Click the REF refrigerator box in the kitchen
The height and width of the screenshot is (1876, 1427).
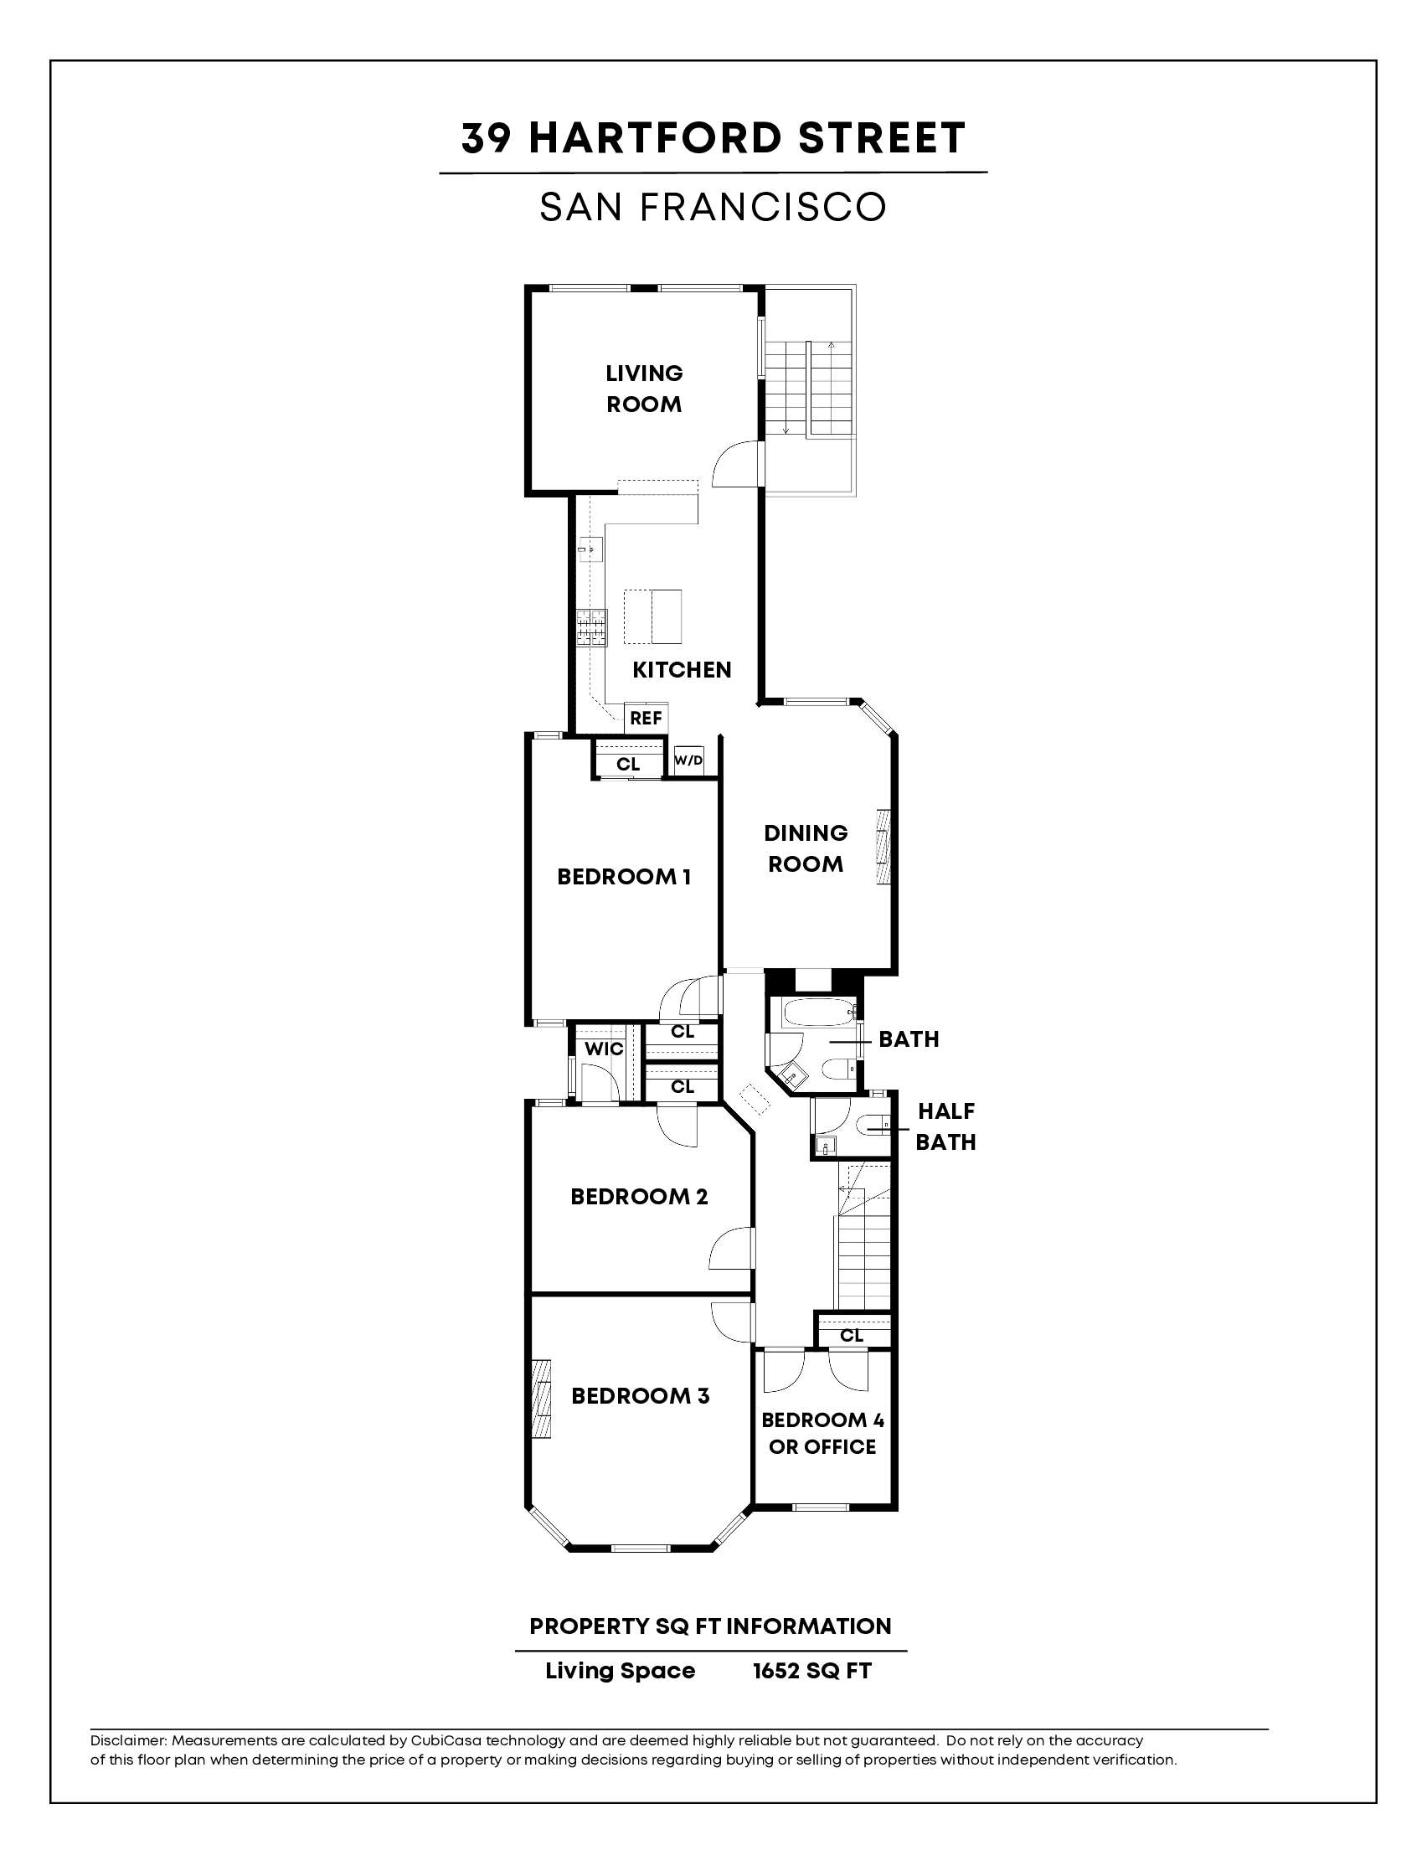(x=646, y=718)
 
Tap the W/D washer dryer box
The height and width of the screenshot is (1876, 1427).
(x=689, y=760)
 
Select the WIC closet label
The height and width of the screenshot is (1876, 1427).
(x=604, y=1049)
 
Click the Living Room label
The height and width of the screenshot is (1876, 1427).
(x=644, y=389)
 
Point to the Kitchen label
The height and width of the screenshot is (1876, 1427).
(x=681, y=670)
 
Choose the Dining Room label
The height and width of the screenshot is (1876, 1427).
(x=806, y=848)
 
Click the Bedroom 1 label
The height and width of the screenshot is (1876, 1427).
(x=623, y=876)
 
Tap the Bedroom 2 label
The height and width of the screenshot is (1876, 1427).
(x=639, y=1197)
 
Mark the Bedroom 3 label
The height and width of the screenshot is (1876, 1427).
(x=640, y=1396)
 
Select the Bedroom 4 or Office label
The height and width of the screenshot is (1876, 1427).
(x=822, y=1434)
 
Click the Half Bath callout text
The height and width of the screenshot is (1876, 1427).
(x=945, y=1126)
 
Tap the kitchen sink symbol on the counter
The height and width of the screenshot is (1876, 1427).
(x=588, y=549)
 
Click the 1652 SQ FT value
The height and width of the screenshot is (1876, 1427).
(x=812, y=1671)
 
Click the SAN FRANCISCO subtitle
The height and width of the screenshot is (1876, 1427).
(x=713, y=207)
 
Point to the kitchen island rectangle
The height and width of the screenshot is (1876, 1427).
(x=653, y=616)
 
